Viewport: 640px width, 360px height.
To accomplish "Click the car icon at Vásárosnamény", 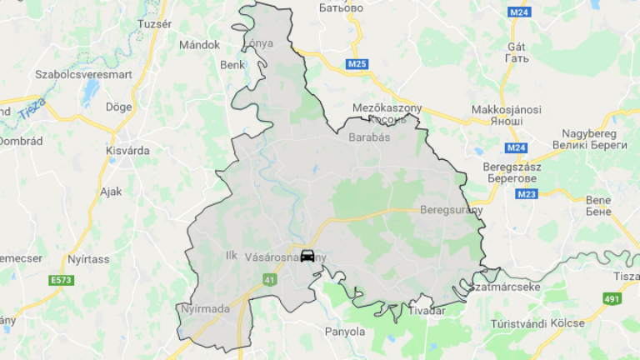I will point(307,256).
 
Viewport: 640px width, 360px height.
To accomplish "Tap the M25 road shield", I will point(357,64).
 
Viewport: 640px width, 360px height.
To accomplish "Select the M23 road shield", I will point(525,194).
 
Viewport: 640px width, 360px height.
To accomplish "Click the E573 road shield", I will point(61,280).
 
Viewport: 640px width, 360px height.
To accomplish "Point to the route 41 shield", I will point(269,281).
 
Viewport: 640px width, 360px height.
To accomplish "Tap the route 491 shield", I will point(612,297).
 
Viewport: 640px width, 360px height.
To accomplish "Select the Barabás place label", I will point(369,137).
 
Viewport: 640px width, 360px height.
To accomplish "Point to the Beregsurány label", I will point(452,210).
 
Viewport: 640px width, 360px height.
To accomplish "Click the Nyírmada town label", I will point(204,309).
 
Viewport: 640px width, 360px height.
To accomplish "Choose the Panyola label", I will point(344,331).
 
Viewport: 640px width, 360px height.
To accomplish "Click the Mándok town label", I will point(199,45).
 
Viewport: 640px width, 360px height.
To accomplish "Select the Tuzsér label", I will point(154,24).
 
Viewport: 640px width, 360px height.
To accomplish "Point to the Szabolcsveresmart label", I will point(83,74).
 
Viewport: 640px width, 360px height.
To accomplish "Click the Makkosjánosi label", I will point(507,110).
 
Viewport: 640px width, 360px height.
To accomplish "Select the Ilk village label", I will point(232,256).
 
